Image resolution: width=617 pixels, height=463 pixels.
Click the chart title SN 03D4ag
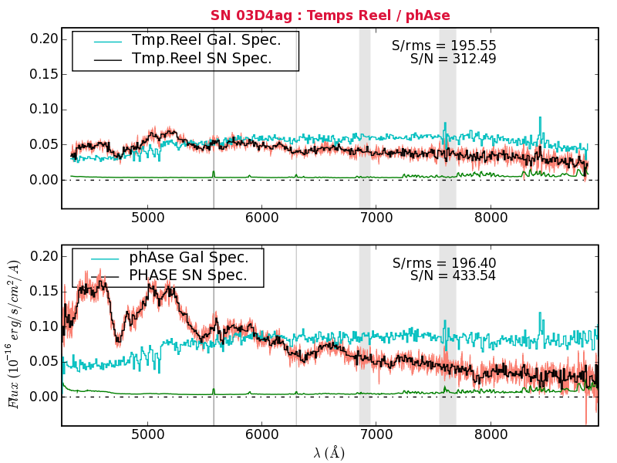click(330, 15)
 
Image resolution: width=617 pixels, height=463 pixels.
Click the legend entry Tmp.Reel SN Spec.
click(201, 59)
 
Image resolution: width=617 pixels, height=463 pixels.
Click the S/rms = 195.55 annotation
click(443, 46)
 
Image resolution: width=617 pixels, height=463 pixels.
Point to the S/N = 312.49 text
click(453, 59)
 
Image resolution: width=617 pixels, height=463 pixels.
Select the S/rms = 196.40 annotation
click(443, 263)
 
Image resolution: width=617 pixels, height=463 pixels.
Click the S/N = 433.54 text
click(453, 275)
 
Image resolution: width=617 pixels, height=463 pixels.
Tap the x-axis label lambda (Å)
click(329, 453)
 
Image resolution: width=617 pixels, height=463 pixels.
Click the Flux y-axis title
click(13, 333)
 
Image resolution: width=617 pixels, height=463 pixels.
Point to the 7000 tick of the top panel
click(376, 218)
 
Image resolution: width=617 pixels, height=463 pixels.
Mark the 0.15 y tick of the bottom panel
click(43, 291)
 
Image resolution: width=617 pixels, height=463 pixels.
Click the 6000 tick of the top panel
click(261, 218)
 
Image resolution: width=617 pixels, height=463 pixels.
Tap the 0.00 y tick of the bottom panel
click(43, 397)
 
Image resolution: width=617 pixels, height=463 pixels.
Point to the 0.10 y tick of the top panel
click(43, 110)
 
